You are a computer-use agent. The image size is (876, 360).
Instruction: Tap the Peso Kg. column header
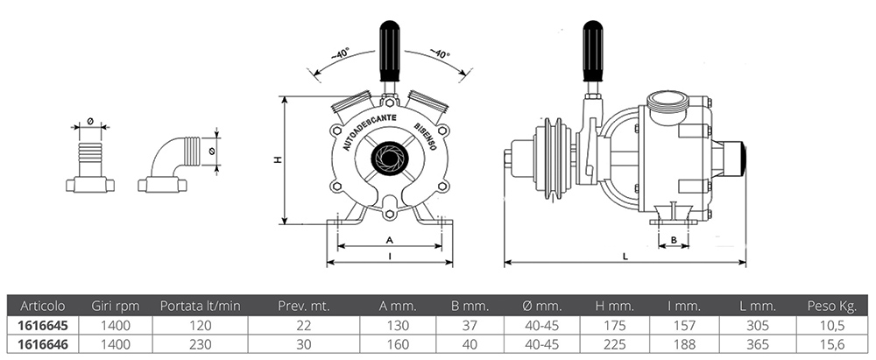pyautogui.click(x=830, y=306)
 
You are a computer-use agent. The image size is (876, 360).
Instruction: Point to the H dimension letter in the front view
pyautogui.click(x=277, y=160)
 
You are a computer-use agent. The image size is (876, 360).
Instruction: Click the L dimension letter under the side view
pyautogui.click(x=624, y=256)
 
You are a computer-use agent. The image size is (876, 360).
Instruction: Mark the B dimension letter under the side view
pyautogui.click(x=674, y=238)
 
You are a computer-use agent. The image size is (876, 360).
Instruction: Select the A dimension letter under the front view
pyautogui.click(x=389, y=239)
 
